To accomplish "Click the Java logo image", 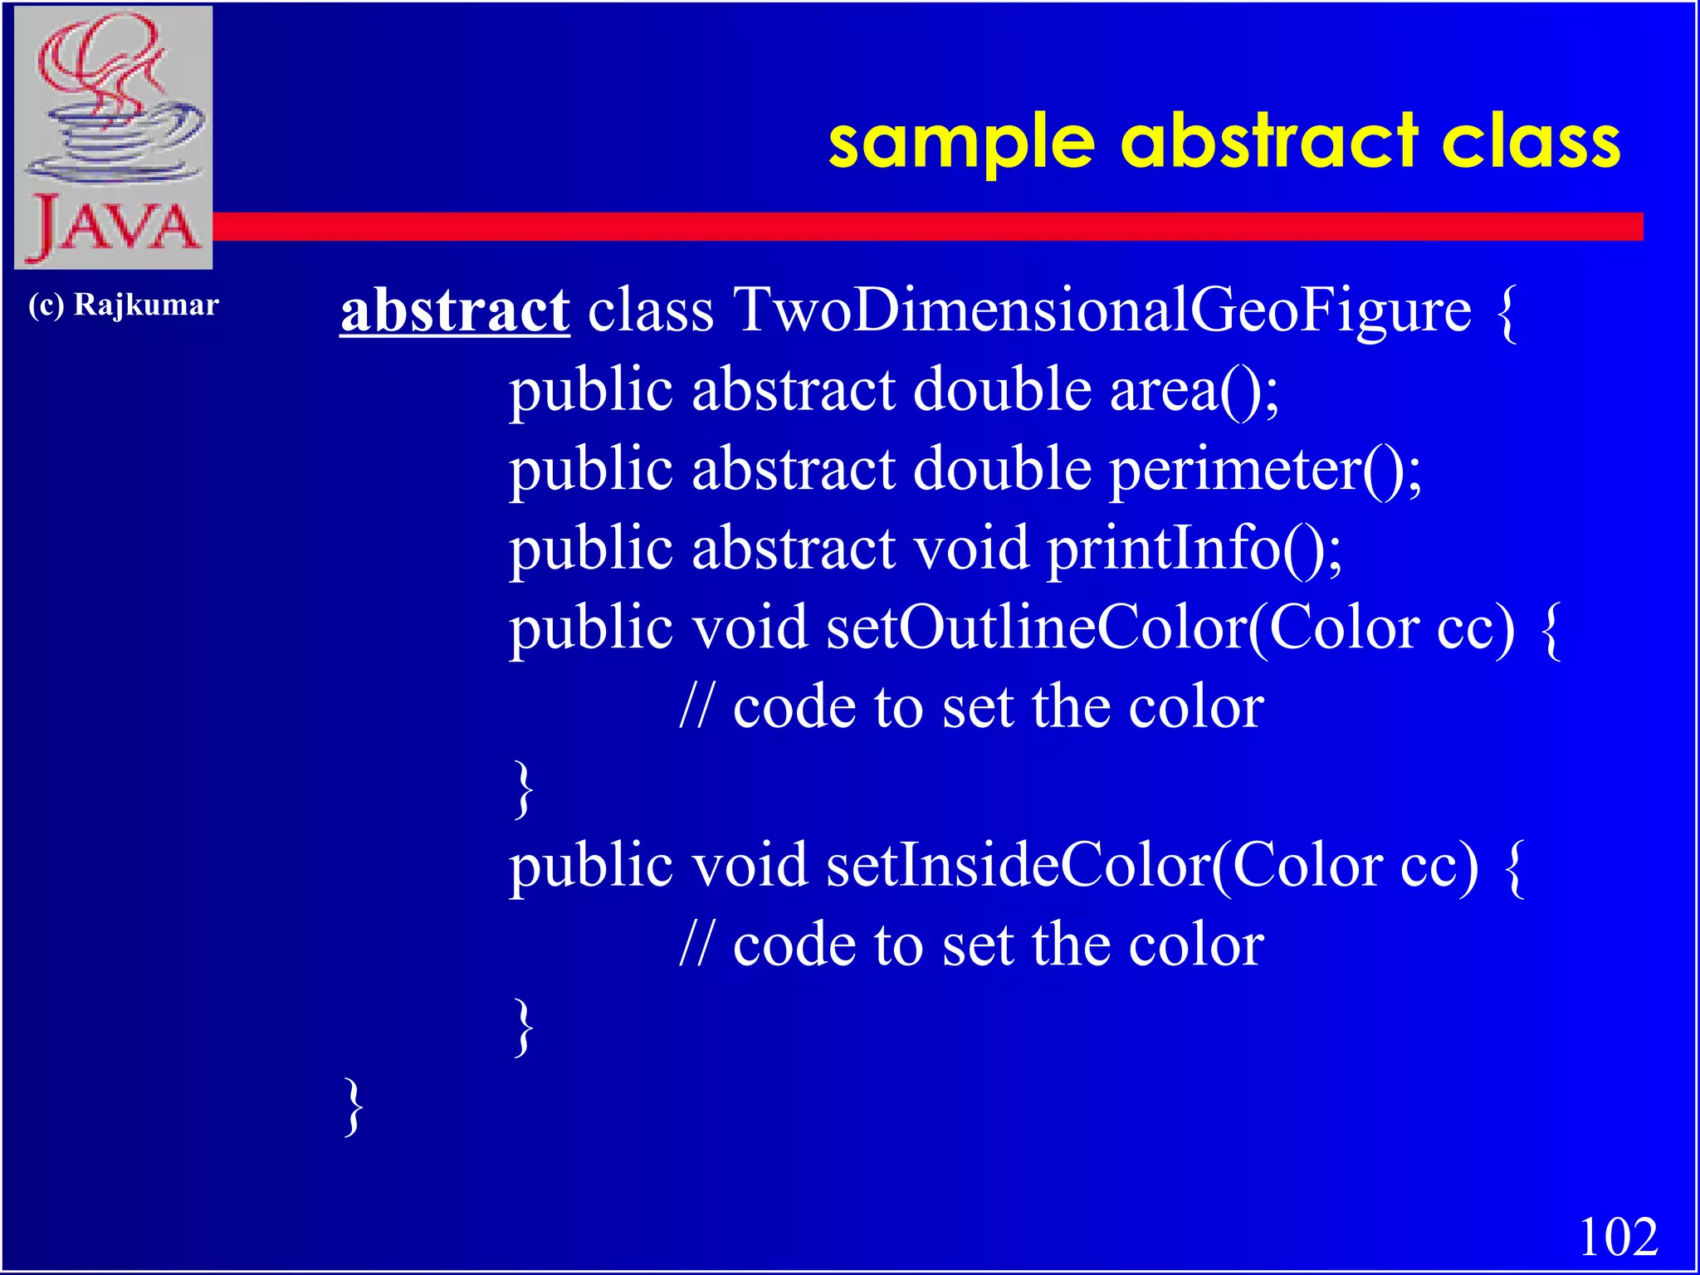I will click(114, 138).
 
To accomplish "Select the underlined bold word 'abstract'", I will click(455, 310).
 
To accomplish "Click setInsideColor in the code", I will click(1018, 866).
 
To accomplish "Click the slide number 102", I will click(1618, 1238).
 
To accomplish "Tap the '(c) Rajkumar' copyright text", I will click(124, 305).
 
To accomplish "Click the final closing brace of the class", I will click(354, 1106).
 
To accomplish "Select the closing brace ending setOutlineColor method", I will click(523, 789).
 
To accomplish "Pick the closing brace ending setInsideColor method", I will click(523, 1028).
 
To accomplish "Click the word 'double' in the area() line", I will click(1001, 389).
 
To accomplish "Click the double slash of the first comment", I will click(695, 708).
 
